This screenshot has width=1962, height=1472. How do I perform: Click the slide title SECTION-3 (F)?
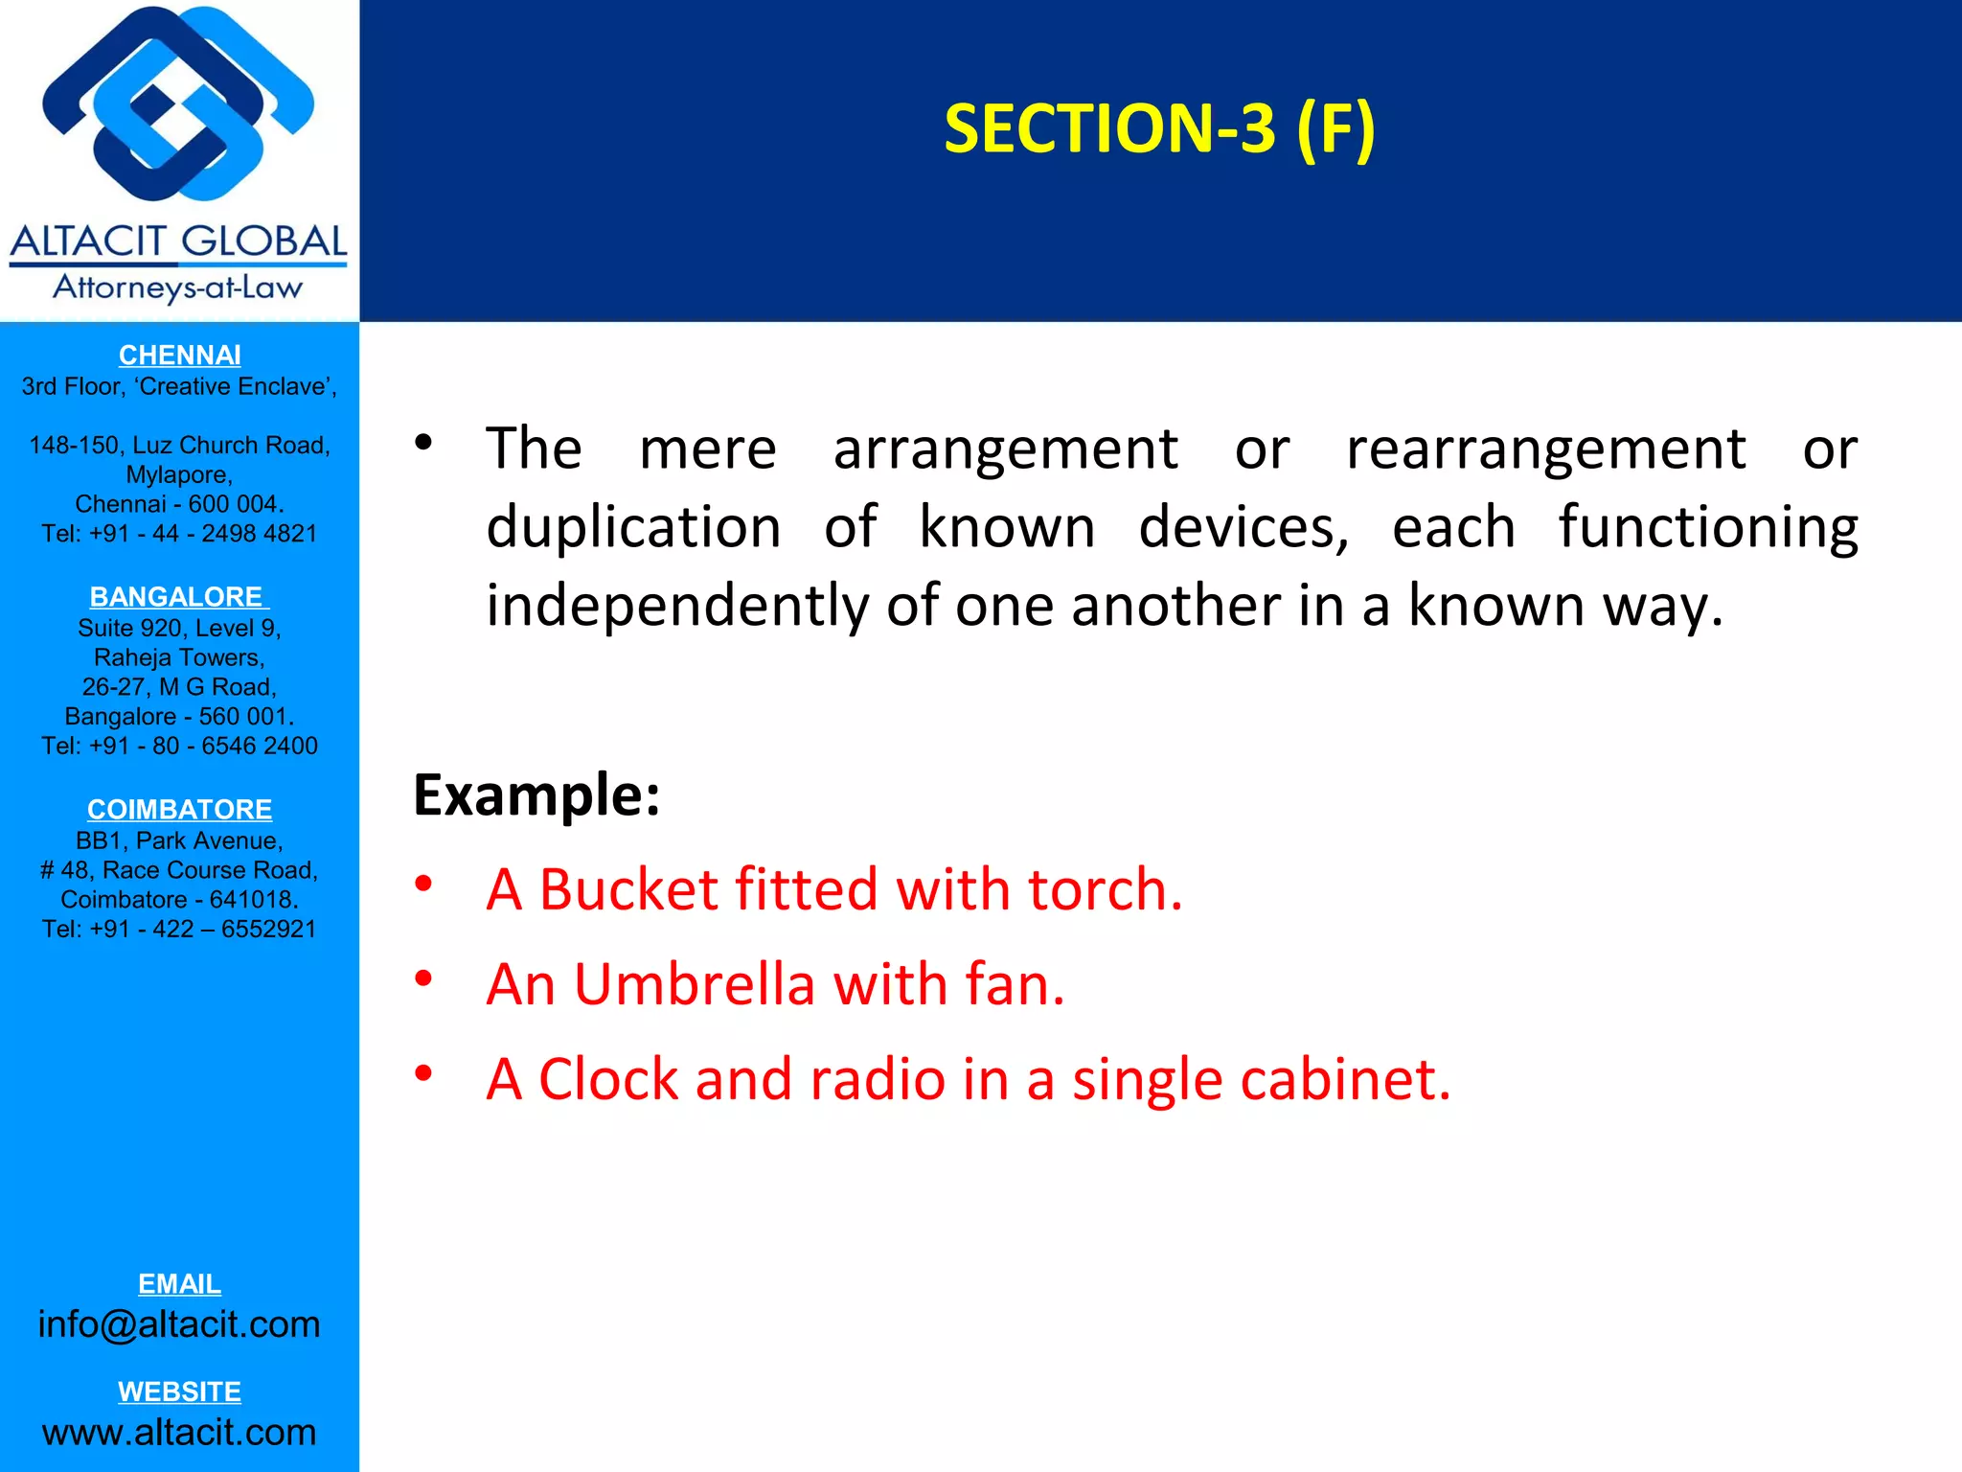(x=1159, y=128)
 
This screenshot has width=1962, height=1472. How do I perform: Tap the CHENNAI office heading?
(x=179, y=356)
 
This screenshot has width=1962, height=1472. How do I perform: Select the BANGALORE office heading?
(x=177, y=597)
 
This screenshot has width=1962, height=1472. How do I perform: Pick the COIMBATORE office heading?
(x=179, y=810)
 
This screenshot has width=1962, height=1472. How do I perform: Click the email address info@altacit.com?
(x=179, y=1324)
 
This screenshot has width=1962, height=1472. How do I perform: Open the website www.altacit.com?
(x=179, y=1432)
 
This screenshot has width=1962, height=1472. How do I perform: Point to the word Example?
(x=536, y=794)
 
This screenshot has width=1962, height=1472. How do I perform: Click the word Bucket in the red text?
(x=628, y=889)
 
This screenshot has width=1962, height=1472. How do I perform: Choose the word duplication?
(x=633, y=528)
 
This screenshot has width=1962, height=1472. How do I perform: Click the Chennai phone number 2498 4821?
(x=259, y=534)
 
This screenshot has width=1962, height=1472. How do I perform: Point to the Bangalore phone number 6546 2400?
(x=259, y=747)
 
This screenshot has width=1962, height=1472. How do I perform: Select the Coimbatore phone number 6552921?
(x=268, y=930)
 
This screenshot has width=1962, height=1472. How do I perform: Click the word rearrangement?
(x=1546, y=448)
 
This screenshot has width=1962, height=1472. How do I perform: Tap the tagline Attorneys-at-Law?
(x=177, y=287)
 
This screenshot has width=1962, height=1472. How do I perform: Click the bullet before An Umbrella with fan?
(x=423, y=978)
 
